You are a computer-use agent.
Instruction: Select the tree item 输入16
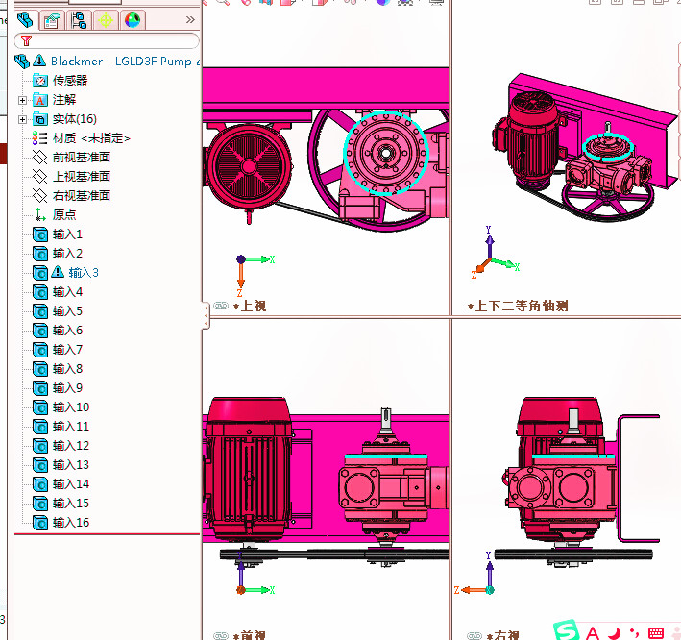click(70, 522)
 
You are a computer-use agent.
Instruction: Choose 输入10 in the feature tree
click(70, 406)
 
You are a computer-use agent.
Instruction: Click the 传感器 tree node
click(69, 80)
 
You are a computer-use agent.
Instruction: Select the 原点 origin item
click(64, 214)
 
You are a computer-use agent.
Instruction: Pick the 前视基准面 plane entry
click(81, 157)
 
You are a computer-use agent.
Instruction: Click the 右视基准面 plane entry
click(81, 195)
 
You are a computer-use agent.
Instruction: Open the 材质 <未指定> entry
click(91, 137)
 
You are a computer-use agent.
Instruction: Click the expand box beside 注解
click(22, 100)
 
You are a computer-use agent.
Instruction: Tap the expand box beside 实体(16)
click(22, 119)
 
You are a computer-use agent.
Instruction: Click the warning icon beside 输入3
click(57, 272)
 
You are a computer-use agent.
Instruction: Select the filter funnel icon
click(26, 41)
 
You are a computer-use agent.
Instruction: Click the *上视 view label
click(253, 306)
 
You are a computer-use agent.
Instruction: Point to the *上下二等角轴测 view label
click(518, 306)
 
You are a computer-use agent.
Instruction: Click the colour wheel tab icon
click(133, 19)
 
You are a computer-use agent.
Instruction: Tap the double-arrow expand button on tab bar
click(190, 19)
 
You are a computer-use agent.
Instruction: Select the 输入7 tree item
click(67, 349)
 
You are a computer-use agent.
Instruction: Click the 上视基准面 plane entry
click(81, 176)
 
